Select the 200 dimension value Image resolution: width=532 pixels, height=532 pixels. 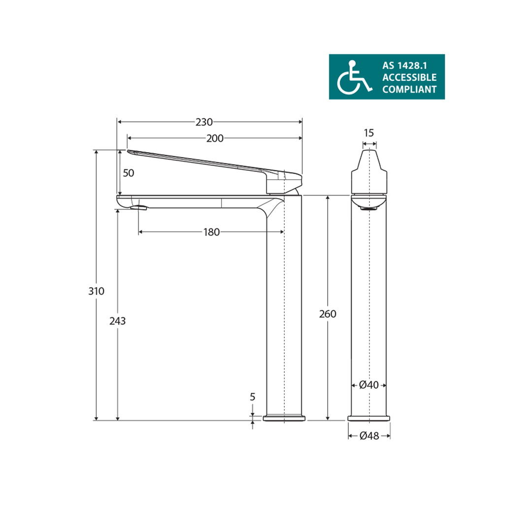click(x=215, y=138)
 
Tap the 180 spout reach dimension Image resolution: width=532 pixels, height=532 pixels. click(x=211, y=232)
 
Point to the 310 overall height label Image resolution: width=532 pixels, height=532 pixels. click(x=97, y=291)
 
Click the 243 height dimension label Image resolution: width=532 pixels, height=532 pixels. click(x=118, y=321)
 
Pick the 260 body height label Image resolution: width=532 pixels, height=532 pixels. click(x=328, y=314)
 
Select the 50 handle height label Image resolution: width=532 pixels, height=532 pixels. click(x=128, y=173)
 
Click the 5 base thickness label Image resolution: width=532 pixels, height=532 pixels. click(x=253, y=397)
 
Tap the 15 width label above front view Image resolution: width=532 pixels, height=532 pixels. click(x=369, y=133)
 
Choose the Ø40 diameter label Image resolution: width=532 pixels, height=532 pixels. click(x=368, y=385)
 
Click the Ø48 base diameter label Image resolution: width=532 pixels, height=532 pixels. click(x=369, y=436)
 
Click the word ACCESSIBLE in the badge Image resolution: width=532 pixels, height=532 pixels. click(x=409, y=77)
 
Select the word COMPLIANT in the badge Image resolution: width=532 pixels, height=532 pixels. click(x=409, y=89)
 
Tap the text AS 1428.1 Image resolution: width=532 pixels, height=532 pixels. click(x=404, y=66)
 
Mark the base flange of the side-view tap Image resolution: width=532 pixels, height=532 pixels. click(x=284, y=418)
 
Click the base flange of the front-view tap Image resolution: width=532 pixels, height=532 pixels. click(x=369, y=418)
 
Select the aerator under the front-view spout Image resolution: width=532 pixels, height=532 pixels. click(x=369, y=209)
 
